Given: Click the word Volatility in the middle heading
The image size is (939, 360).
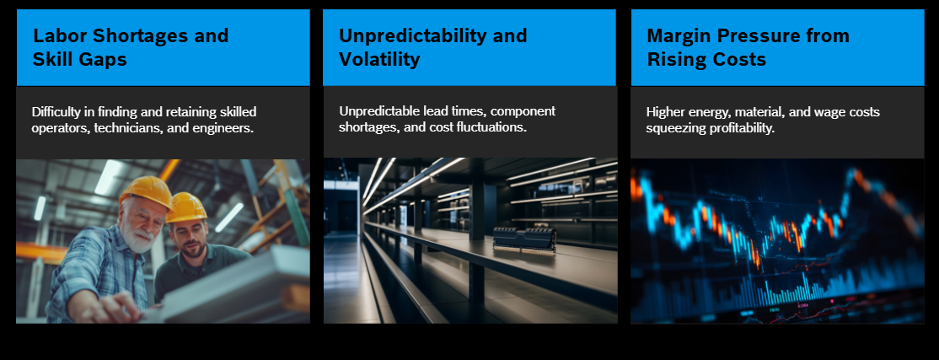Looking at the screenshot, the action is pos(379,59).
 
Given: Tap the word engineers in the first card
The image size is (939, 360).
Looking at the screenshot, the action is pos(223,129).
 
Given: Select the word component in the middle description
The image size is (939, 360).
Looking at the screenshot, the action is pos(523,112).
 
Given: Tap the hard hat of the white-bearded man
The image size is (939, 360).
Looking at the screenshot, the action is pos(146,191).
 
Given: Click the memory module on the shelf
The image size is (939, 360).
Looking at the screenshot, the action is pos(524,239).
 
